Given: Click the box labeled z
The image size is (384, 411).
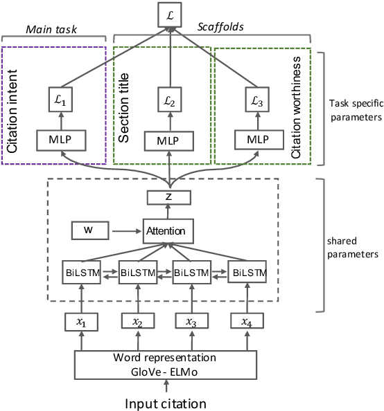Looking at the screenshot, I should pos(168,198).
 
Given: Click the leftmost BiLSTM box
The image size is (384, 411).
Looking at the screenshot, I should pos(82,273).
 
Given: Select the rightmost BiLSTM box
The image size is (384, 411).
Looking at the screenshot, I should pos(249,273).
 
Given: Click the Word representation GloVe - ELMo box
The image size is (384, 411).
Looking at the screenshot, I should pos(165,365).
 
